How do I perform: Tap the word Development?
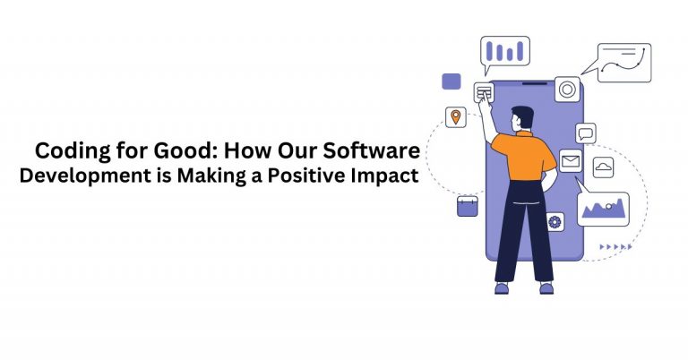click(x=82, y=176)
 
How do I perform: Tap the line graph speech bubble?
click(x=622, y=63)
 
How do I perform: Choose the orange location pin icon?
click(x=456, y=117)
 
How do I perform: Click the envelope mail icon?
click(x=571, y=161)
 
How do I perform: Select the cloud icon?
click(x=603, y=167)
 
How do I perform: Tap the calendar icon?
click(x=467, y=206)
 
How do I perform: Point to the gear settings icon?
click(x=555, y=221)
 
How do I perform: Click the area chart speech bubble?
click(x=601, y=209)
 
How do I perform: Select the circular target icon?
click(x=566, y=89)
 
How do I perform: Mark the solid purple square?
click(x=451, y=81)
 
